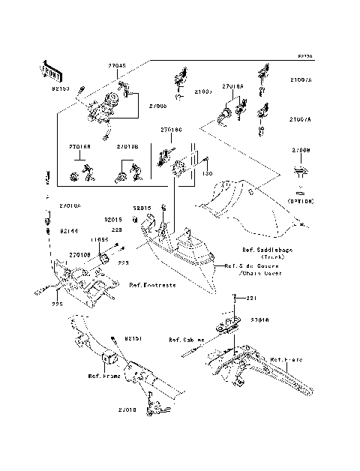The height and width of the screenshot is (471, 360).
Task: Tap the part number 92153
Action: click(x=61, y=88)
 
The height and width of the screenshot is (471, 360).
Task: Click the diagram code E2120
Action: click(x=304, y=56)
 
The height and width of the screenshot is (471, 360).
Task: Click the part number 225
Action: click(x=55, y=304)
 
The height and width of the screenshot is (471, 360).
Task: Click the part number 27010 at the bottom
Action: click(x=127, y=410)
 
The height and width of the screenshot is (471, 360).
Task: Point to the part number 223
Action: click(x=124, y=263)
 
